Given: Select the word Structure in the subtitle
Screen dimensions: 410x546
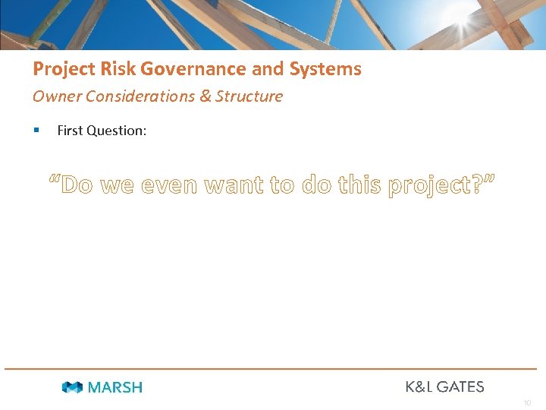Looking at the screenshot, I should click(249, 96).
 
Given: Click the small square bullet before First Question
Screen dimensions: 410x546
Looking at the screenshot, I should click(36, 131).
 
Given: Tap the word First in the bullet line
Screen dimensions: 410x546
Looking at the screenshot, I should click(70, 131).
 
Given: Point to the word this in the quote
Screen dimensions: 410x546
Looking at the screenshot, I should click(356, 184).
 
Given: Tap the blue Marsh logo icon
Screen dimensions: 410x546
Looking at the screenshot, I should click(73, 387).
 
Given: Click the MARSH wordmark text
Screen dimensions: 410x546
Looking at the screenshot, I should click(115, 387).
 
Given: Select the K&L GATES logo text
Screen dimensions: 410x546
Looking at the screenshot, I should click(444, 386).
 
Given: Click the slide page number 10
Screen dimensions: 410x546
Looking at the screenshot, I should click(527, 403).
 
